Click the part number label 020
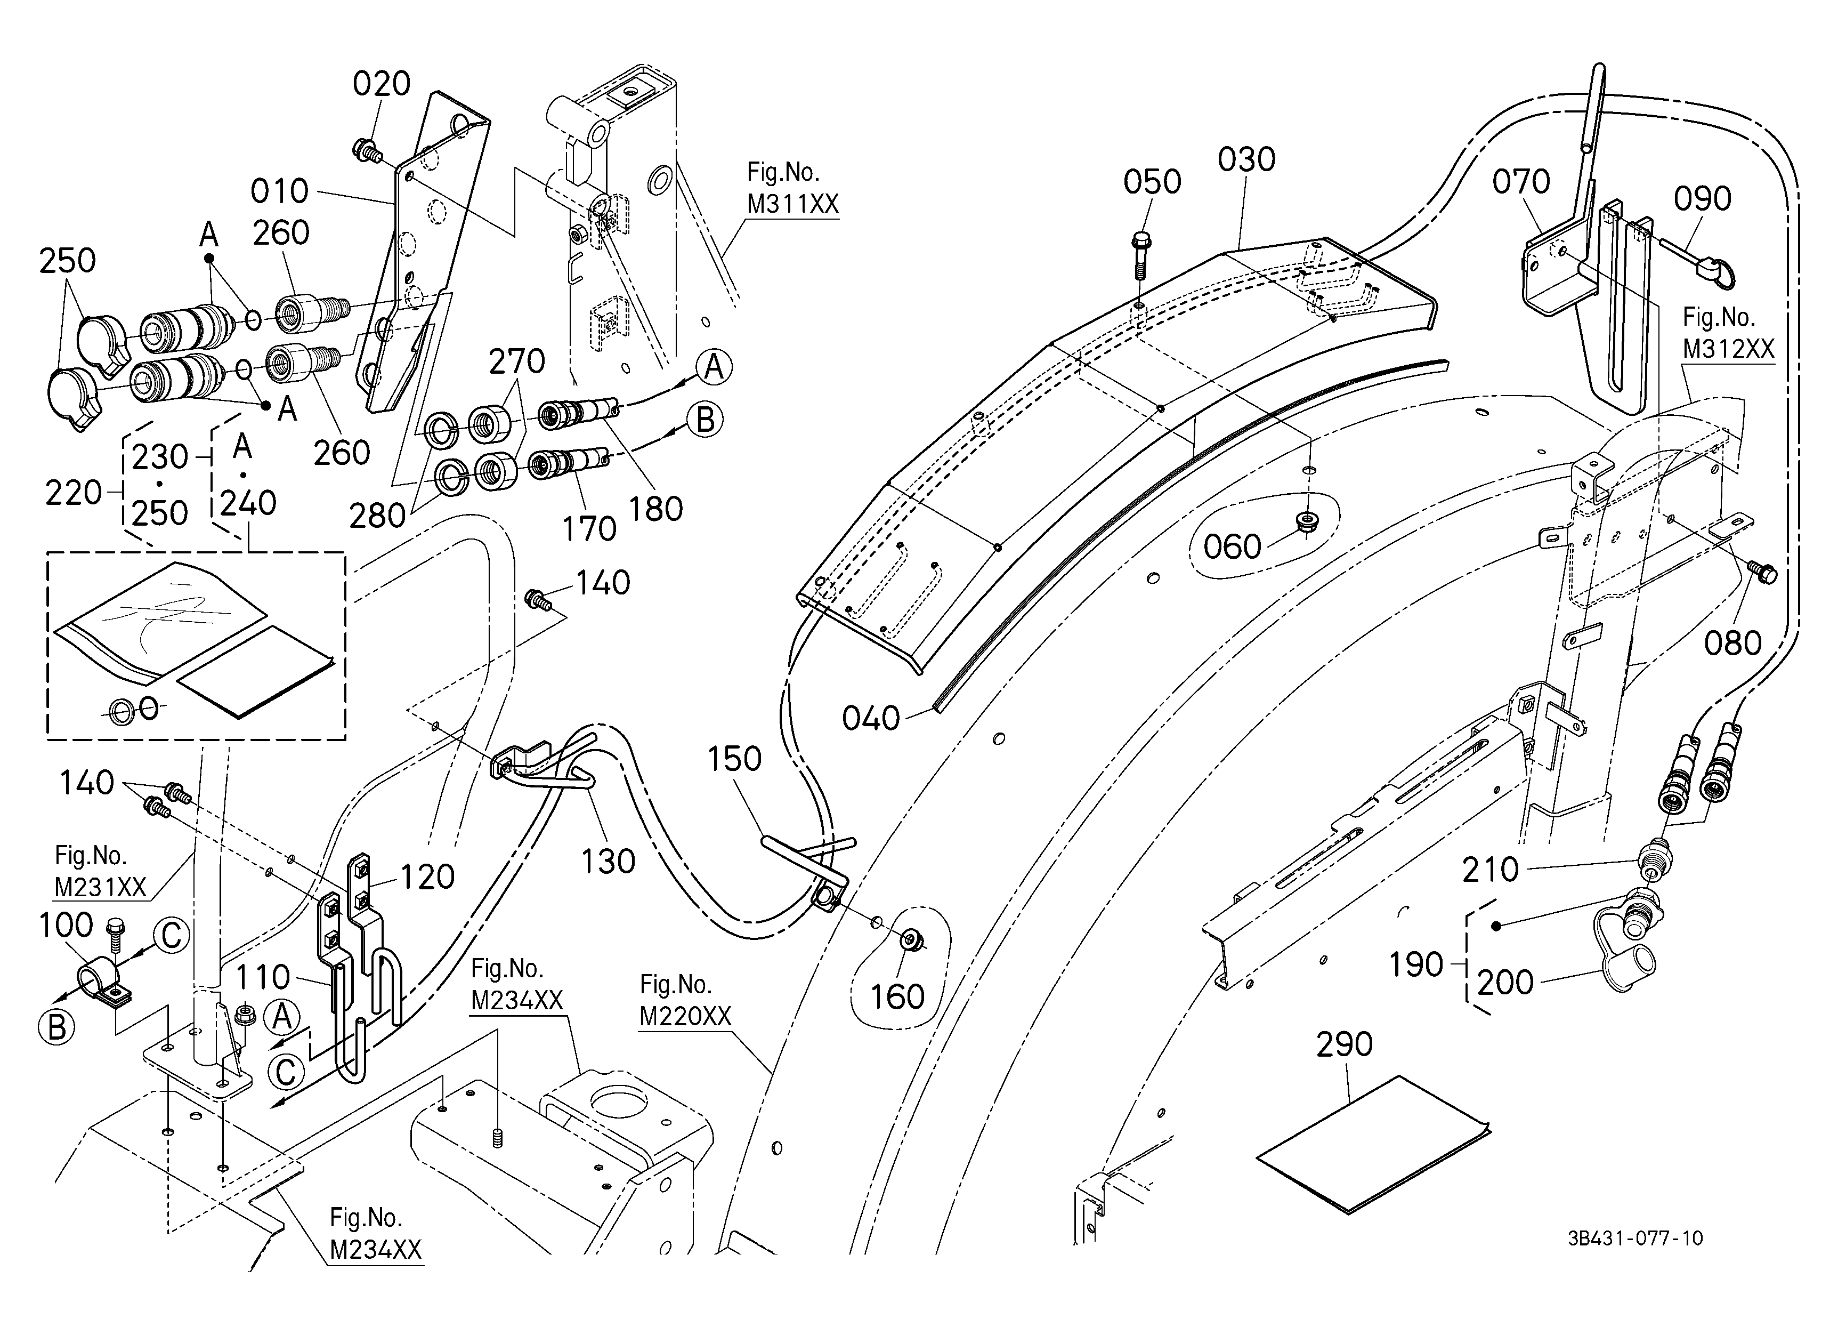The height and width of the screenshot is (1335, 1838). (x=382, y=84)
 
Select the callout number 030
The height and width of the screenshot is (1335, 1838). (x=1246, y=160)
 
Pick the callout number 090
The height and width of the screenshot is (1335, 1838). (x=1703, y=198)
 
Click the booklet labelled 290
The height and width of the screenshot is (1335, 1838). (x=1373, y=1145)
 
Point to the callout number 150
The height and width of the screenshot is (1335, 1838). (x=734, y=760)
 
